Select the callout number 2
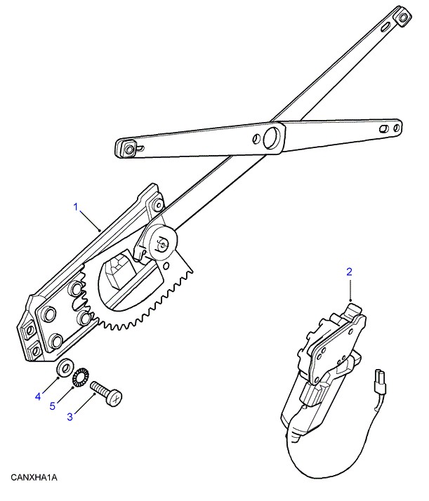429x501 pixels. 349,270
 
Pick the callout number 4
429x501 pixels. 38,397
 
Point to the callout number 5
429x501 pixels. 53,406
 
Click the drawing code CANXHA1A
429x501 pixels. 33,478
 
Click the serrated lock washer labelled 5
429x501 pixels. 80,375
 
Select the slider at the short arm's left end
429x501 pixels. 128,147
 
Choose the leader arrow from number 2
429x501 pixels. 350,289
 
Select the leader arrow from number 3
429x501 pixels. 85,406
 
